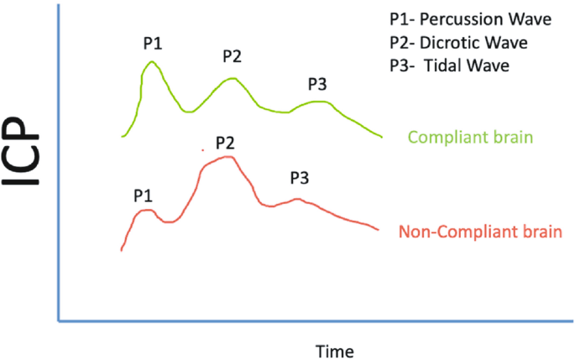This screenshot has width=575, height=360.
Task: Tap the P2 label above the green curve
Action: click(x=233, y=57)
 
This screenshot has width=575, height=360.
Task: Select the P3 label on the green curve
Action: click(x=317, y=83)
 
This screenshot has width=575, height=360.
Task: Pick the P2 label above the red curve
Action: click(x=224, y=142)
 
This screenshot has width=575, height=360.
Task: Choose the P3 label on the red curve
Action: click(x=301, y=178)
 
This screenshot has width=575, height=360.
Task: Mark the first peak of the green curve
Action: click(x=151, y=62)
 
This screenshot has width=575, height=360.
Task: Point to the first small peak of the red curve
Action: click(x=146, y=210)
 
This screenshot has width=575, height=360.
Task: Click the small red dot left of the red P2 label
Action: click(x=202, y=150)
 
